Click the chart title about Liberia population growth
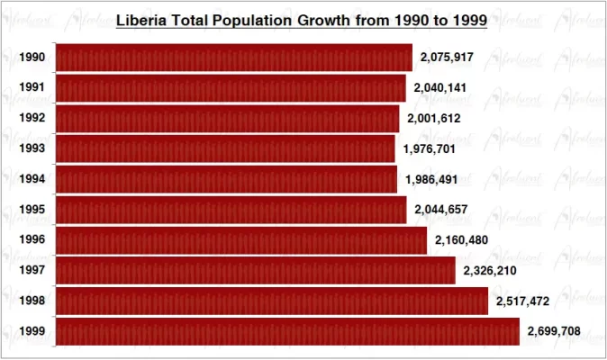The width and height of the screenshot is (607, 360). coord(302,20)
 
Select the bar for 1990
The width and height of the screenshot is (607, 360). coord(234,58)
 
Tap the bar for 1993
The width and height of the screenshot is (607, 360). coord(225,148)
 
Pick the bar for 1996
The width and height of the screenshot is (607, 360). coord(241,240)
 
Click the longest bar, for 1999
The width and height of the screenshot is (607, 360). coord(288,331)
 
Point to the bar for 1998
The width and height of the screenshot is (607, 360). coord(272,301)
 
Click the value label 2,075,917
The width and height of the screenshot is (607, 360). coord(447,58)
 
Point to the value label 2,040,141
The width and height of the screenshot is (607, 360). coord(440,88)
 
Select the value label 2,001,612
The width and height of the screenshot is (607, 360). coord(434,119)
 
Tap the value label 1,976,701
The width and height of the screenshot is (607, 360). coord(430,149)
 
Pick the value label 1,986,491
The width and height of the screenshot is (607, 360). coord(431,180)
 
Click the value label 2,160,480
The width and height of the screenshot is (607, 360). coord(461,240)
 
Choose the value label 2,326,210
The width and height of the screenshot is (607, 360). coord(490,271)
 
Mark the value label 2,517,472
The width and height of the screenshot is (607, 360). coord(522,301)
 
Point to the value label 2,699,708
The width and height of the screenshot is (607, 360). coord(554,331)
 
